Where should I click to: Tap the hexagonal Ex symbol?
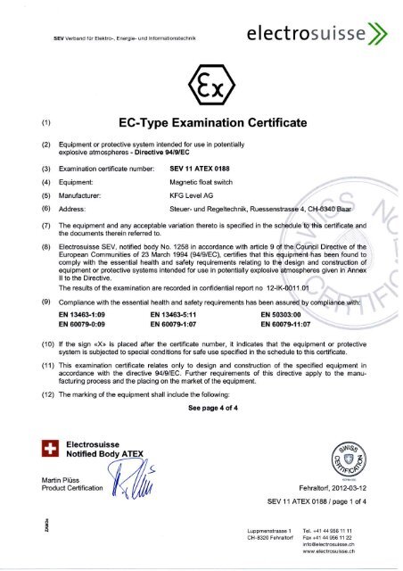[x=201, y=87]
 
